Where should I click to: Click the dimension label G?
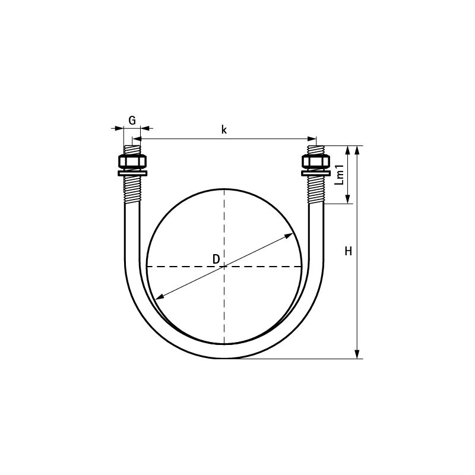(132, 121)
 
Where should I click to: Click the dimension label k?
(224, 129)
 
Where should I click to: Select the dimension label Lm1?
(340, 174)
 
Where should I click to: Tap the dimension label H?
(349, 252)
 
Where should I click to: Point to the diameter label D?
(216, 259)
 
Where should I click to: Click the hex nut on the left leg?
(132, 162)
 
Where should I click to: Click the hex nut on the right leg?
(315, 162)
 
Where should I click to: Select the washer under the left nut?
(132, 173)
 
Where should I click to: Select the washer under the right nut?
(315, 173)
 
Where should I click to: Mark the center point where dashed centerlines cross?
(224, 267)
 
